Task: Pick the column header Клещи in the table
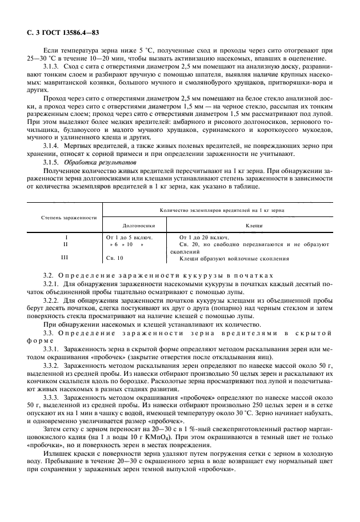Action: [254, 225]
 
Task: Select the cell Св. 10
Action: [115, 258]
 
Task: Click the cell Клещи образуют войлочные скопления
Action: [234, 258]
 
